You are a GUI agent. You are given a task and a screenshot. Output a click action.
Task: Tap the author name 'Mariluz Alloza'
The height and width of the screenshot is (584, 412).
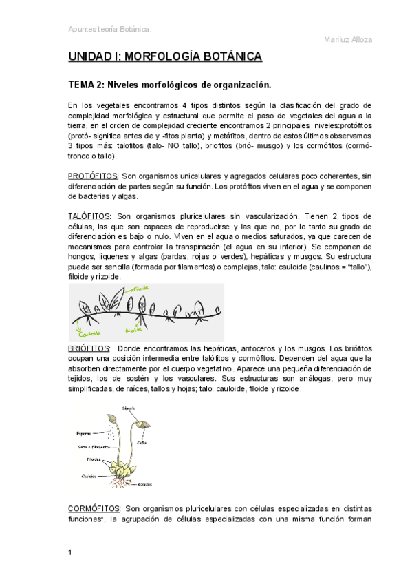pyautogui.click(x=348, y=39)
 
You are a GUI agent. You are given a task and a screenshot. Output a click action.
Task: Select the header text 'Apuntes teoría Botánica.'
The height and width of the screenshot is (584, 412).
pyautogui.click(x=110, y=29)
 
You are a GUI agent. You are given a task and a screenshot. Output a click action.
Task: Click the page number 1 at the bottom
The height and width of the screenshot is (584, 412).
pyautogui.click(x=70, y=552)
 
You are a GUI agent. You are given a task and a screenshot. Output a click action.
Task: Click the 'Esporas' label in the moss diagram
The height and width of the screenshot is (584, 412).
pyautogui.click(x=84, y=435)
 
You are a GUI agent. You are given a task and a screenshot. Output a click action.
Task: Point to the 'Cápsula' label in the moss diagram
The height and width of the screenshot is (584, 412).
pyautogui.click(x=128, y=408)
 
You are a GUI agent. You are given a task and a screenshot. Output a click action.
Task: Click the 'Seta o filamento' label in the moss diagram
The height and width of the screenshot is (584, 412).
pyautogui.click(x=91, y=447)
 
